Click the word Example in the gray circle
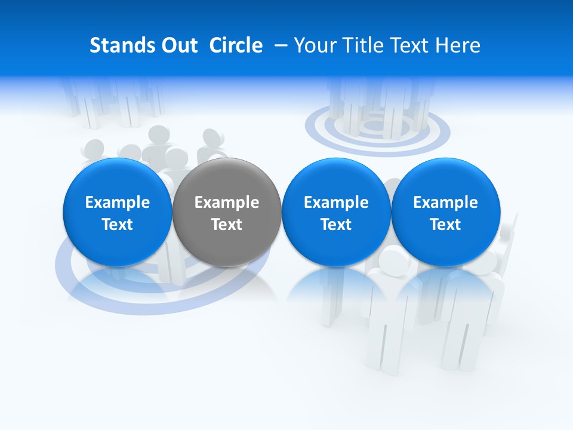pyautogui.click(x=227, y=202)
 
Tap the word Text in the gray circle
pyautogui.click(x=227, y=225)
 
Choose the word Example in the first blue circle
pyautogui.click(x=118, y=202)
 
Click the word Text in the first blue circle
pyautogui.click(x=118, y=225)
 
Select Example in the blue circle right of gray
pyautogui.click(x=336, y=202)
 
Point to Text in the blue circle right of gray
pyautogui.click(x=336, y=225)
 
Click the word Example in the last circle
pyautogui.click(x=446, y=202)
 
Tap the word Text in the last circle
pyautogui.click(x=446, y=225)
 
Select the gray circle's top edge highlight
pyautogui.click(x=227, y=161)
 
